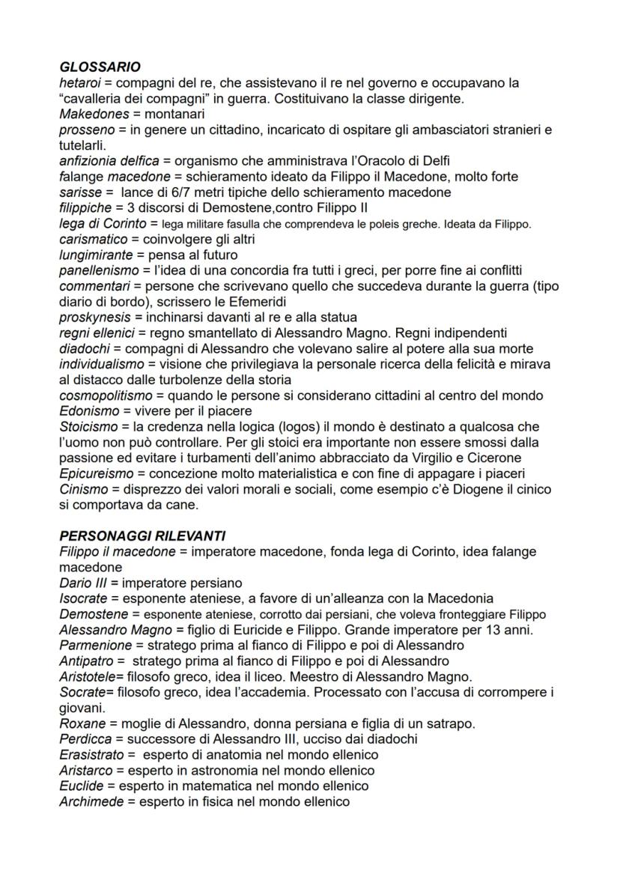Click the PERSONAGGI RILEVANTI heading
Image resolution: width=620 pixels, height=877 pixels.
(x=142, y=536)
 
